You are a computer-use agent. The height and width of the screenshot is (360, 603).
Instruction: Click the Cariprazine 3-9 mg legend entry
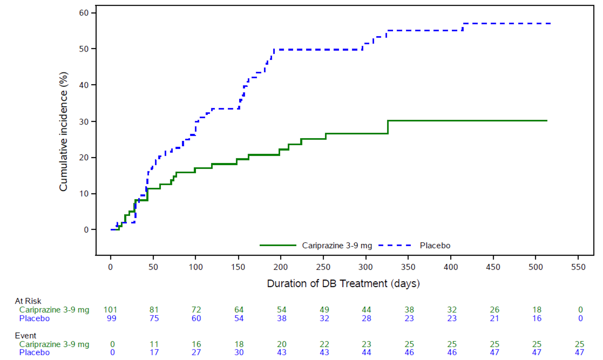coord(337,245)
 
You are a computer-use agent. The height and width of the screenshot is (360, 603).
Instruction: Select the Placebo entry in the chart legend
coord(435,245)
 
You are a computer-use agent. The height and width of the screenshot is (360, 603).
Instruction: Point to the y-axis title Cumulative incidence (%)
coord(63,132)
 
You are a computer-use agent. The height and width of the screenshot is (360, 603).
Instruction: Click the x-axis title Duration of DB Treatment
coord(343,284)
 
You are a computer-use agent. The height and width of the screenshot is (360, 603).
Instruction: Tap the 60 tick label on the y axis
coord(84,13)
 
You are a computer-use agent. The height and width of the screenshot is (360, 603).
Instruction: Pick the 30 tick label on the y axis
coord(84,121)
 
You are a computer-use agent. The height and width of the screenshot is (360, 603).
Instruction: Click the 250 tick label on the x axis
coord(323,267)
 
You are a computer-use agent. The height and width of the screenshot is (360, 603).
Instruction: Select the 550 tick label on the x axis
coord(578,267)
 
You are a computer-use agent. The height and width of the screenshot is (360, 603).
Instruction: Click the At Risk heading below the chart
coord(28,301)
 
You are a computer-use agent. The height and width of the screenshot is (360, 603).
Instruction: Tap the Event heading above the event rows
coord(26,336)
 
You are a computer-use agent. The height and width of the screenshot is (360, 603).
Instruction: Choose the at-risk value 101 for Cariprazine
coord(110,310)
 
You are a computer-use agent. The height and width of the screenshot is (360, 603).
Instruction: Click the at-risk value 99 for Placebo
coord(112,318)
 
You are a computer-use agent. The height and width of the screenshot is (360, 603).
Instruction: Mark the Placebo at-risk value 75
coord(154,318)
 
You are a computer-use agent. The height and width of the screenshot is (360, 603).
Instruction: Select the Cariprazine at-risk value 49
coord(324,310)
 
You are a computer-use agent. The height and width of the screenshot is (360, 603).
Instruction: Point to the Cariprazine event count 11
coord(154,344)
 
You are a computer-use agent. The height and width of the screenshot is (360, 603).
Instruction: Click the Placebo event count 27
coord(196,353)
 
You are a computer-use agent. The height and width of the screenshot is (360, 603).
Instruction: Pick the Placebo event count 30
coord(239,353)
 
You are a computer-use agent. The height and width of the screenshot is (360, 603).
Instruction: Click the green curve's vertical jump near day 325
coord(388,127)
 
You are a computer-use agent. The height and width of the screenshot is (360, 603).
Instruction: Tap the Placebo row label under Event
coord(34,353)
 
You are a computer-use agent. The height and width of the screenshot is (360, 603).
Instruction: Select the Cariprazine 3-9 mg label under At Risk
coord(54,310)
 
